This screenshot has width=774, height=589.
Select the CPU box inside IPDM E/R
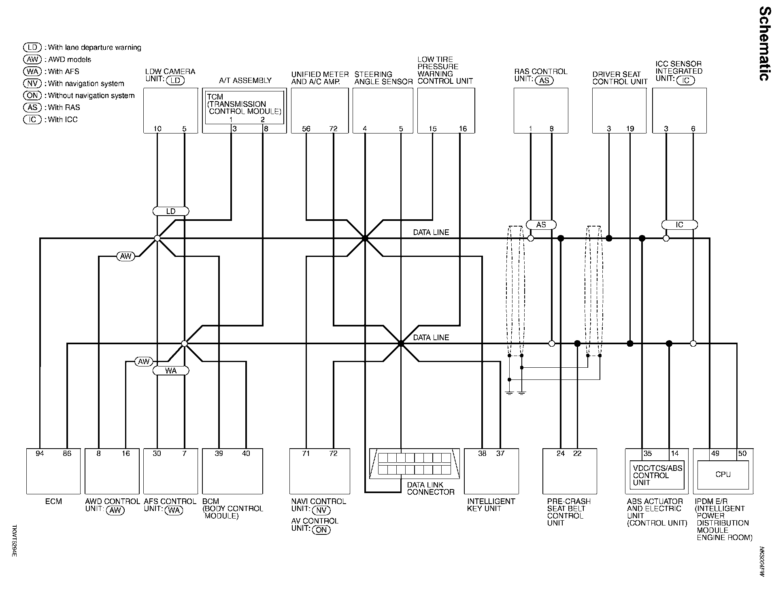pyautogui.click(x=723, y=475)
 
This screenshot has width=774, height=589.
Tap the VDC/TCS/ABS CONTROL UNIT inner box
pyautogui.click(x=657, y=475)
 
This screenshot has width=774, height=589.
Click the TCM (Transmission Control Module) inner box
pyautogui.click(x=245, y=107)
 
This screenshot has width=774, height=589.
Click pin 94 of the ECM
pyautogui.click(x=40, y=453)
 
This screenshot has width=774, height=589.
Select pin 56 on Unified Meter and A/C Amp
pyautogui.click(x=306, y=129)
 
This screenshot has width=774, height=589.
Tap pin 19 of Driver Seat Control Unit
pyautogui.click(x=630, y=129)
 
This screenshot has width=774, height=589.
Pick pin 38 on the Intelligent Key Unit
pyautogui.click(x=482, y=453)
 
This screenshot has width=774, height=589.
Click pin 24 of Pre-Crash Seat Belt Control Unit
pyautogui.click(x=560, y=453)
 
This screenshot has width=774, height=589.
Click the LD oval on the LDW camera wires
pyautogui.click(x=171, y=211)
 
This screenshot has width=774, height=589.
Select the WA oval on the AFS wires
pyautogui.click(x=171, y=371)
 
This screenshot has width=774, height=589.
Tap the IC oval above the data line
pyautogui.click(x=679, y=225)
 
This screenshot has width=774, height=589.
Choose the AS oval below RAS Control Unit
pyautogui.click(x=541, y=225)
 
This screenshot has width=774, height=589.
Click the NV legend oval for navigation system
pyautogui.click(x=32, y=84)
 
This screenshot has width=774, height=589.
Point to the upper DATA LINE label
pyautogui.click(x=431, y=233)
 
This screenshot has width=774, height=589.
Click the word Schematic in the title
pyautogui.click(x=763, y=44)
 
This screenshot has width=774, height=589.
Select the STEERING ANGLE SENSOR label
pyautogui.click(x=383, y=78)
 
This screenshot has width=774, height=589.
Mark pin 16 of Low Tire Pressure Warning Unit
pyautogui.click(x=463, y=129)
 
